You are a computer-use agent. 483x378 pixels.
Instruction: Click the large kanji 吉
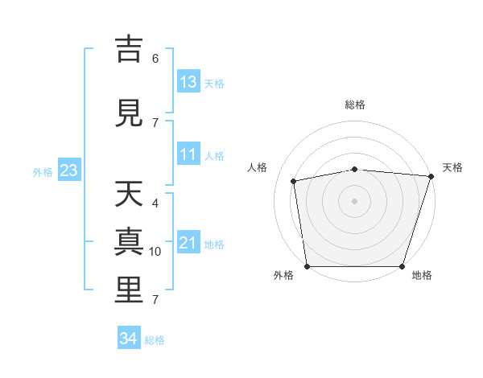tap(129, 49)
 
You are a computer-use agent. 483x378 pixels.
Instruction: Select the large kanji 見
tap(129, 113)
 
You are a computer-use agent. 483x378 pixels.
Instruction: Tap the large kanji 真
tap(129, 241)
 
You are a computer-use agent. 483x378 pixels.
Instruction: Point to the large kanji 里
tap(129, 290)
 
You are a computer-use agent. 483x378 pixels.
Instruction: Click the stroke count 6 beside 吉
tap(155, 59)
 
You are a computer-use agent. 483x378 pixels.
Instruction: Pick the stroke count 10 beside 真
tap(155, 252)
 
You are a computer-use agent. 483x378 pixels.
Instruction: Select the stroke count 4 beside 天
tap(155, 203)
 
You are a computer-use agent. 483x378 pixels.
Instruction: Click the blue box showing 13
tap(188, 81)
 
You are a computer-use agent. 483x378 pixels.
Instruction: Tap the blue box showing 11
tap(188, 154)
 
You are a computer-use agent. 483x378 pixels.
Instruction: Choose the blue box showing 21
tap(188, 241)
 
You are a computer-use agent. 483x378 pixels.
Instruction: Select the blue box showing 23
tap(69, 170)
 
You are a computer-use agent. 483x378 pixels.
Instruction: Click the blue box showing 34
tap(129, 337)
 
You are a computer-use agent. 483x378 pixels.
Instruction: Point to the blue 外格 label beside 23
tap(43, 172)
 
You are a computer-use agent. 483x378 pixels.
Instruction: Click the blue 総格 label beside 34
tap(155, 340)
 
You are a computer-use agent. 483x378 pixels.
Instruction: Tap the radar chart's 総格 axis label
tap(355, 105)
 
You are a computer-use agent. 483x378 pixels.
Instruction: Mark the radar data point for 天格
tap(431, 176)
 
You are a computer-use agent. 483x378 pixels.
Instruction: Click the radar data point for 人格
tap(293, 181)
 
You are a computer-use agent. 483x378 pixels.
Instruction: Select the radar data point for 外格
tap(308, 266)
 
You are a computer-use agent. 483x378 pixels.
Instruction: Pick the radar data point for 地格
tap(402, 266)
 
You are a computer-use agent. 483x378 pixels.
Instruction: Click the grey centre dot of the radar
tap(354, 201)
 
